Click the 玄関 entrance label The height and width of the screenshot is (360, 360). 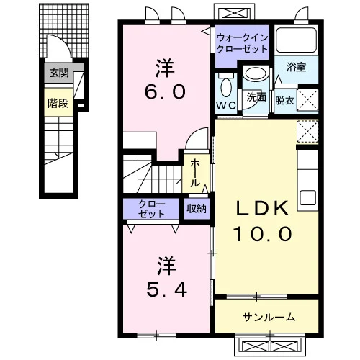59,73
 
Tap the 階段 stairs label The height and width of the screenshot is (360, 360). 58,103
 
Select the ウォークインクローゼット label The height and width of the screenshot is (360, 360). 242,43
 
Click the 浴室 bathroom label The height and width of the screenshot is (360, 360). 296,67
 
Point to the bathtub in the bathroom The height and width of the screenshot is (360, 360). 296,40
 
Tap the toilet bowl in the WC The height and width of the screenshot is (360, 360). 225,86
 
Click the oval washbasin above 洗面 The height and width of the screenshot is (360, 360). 256,73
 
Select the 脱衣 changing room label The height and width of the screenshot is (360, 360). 284,101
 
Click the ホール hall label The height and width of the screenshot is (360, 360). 195,174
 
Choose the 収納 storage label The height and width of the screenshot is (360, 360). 197,209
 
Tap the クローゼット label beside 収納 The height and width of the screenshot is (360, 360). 152,209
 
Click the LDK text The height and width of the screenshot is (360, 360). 262,208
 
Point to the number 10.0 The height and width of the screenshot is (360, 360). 263,234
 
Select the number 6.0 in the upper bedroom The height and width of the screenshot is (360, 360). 165,91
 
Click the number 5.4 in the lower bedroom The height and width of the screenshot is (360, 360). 166,289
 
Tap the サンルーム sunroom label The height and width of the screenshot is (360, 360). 269,317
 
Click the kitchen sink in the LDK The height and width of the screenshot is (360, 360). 307,197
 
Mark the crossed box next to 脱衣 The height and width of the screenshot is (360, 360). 307,100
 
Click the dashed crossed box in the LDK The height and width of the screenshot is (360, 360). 307,131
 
